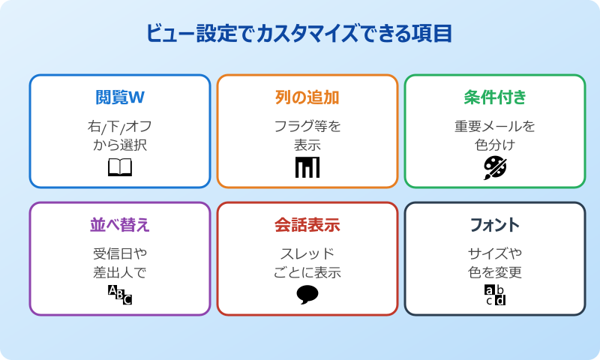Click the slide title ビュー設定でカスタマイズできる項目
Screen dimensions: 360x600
(300, 34)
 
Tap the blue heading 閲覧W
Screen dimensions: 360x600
(120, 97)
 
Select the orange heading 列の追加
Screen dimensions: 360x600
(307, 97)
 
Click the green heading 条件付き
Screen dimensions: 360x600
(495, 97)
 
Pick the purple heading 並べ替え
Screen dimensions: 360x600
(120, 225)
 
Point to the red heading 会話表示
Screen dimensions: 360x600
(307, 225)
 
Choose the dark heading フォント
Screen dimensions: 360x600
(495, 225)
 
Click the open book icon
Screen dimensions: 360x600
(120, 166)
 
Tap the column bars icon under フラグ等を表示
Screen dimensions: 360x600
(307, 166)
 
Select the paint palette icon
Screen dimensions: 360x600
(495, 166)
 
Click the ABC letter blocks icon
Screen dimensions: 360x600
(120, 295)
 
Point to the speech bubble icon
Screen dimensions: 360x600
(307, 295)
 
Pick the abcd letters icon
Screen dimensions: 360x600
(495, 295)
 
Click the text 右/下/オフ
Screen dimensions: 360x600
(120, 126)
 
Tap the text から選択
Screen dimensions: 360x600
(120, 145)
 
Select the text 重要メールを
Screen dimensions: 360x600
(495, 126)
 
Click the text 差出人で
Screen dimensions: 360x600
(120, 272)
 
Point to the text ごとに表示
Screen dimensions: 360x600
(307, 272)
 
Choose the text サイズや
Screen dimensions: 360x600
(495, 253)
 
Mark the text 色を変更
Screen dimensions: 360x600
(495, 272)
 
